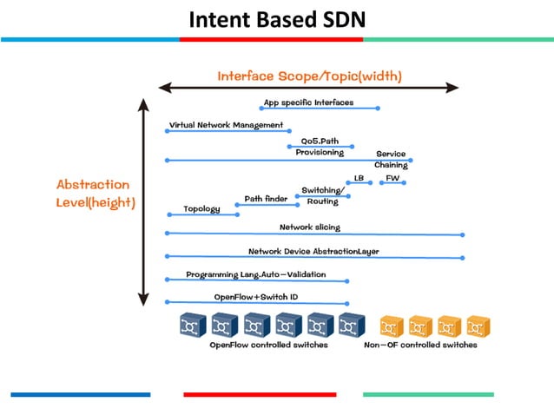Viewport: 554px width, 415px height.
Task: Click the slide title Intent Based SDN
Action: (x=276, y=18)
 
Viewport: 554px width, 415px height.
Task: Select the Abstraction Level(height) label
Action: (x=93, y=193)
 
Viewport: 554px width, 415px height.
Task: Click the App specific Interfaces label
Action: (x=308, y=102)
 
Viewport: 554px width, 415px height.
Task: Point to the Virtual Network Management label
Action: (x=226, y=125)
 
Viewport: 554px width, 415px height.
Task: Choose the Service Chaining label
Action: (x=391, y=160)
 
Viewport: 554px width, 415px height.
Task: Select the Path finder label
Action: (x=266, y=198)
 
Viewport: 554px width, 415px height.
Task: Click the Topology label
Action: (x=201, y=208)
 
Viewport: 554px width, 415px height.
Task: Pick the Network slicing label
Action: (x=310, y=227)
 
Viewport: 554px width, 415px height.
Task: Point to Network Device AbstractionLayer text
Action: (x=313, y=251)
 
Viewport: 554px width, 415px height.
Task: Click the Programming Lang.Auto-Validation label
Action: (x=256, y=274)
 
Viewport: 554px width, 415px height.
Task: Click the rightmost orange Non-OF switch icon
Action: (x=475, y=326)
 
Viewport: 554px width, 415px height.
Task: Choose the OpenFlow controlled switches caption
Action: (x=268, y=345)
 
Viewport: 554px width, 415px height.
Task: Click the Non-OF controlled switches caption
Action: (x=420, y=345)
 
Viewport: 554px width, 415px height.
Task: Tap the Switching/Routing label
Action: (x=323, y=195)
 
